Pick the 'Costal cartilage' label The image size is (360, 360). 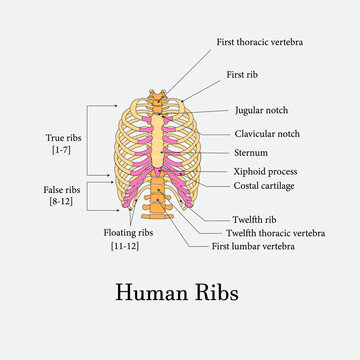[x=263, y=185]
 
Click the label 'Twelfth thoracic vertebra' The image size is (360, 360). [x=275, y=232]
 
